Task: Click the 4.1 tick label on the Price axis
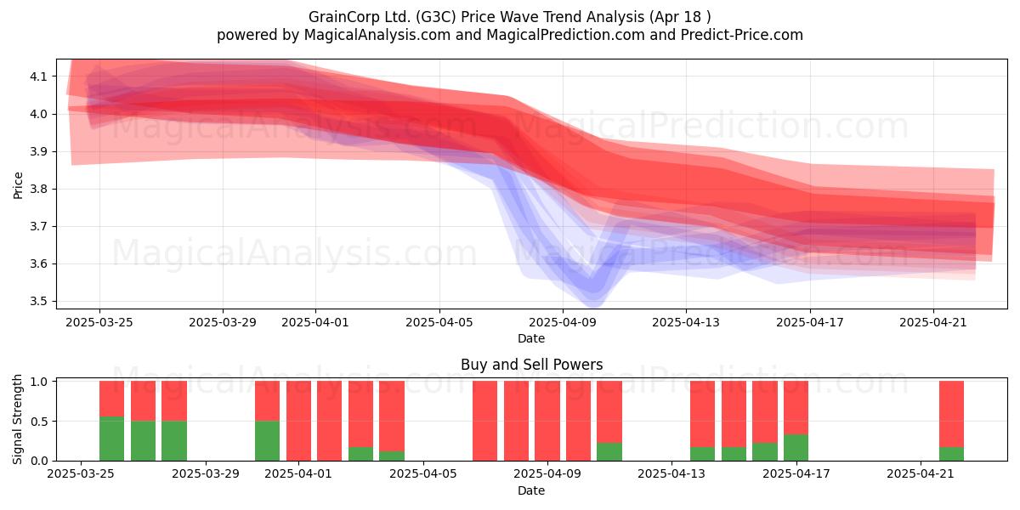[x=39, y=76]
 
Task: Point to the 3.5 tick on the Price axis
[x=39, y=302]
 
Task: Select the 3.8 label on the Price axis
[x=39, y=189]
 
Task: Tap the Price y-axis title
[x=18, y=185]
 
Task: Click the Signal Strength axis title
[x=17, y=419]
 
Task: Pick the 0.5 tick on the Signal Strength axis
[x=39, y=422]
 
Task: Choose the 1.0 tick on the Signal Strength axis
[x=39, y=382]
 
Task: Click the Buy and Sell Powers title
[x=531, y=365]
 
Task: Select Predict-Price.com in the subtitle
[x=742, y=35]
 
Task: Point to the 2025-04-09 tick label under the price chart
[x=563, y=322]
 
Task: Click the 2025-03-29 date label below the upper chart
[x=223, y=322]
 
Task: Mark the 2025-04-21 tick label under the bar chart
[x=921, y=474]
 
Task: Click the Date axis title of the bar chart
[x=531, y=490]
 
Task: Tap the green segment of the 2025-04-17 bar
[x=796, y=448]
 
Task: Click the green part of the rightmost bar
[x=952, y=454]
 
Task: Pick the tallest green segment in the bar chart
[x=111, y=439]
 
